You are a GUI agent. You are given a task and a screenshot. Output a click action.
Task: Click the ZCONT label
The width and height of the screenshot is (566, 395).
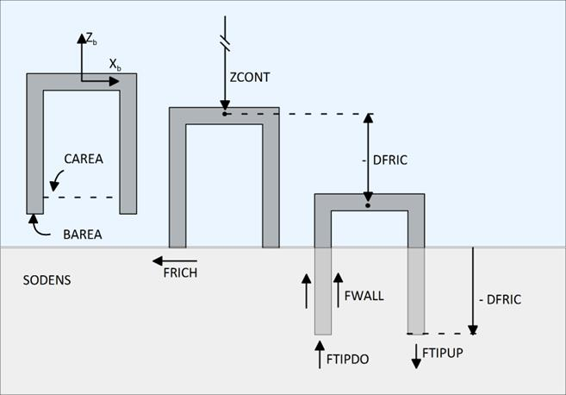(250, 77)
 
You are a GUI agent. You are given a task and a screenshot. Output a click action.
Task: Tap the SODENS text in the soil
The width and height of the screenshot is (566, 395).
(47, 281)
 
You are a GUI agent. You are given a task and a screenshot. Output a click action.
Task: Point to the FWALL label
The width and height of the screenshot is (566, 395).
(364, 295)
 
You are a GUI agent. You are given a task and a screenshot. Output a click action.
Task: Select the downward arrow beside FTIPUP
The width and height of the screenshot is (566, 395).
(416, 354)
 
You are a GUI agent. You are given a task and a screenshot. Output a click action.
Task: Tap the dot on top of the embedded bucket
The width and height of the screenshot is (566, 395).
(369, 205)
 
